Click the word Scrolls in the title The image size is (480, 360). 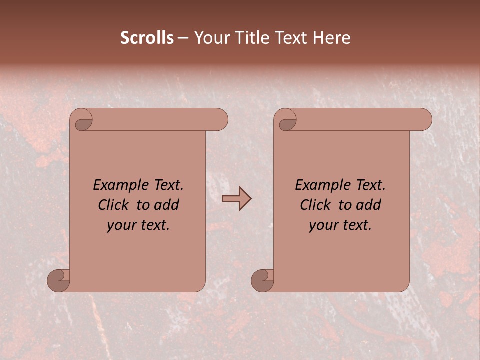click(x=147, y=38)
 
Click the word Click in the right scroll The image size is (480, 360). click(x=315, y=205)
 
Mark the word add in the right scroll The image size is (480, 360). click(x=368, y=205)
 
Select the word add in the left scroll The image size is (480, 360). click(x=166, y=205)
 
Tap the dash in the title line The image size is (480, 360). click(x=182, y=38)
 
